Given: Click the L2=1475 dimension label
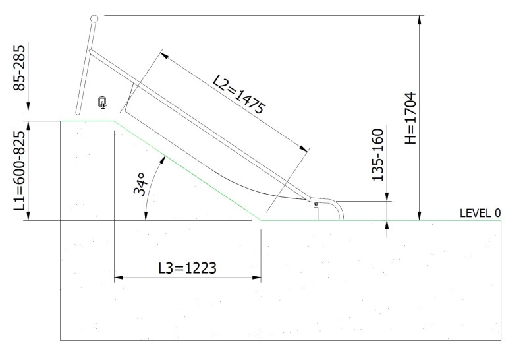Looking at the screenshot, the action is click(240, 94).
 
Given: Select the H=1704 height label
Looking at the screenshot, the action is click(410, 118).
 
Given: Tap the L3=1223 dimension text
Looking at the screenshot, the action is click(188, 268).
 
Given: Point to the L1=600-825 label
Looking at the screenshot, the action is click(20, 171).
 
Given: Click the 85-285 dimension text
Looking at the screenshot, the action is click(19, 68).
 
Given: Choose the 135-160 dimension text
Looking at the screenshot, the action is click(377, 155).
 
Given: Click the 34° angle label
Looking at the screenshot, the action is click(140, 184).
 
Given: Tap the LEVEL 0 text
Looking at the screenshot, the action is click(480, 213).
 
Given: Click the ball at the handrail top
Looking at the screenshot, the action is click(94, 19).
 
